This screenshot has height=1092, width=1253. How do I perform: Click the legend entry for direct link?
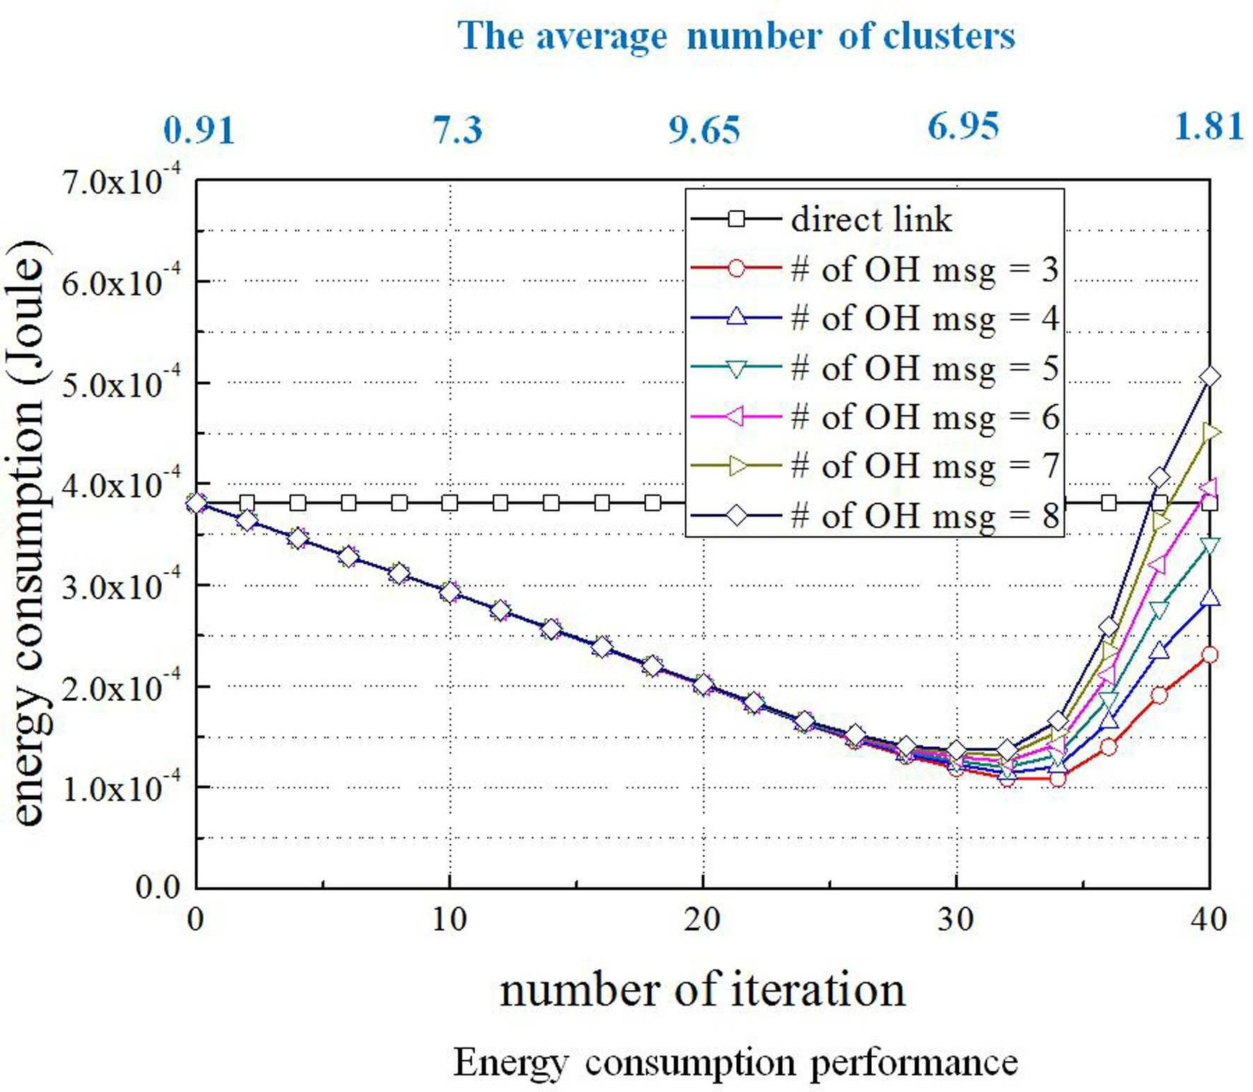(x=820, y=219)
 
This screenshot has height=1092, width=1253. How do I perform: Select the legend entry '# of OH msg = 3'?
(x=874, y=269)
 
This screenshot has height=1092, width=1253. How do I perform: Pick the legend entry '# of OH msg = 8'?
(x=874, y=516)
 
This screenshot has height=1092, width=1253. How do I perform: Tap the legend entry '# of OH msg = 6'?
(x=874, y=417)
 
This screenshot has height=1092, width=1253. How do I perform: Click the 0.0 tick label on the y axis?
(x=158, y=888)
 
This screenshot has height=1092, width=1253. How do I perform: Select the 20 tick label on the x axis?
(x=703, y=919)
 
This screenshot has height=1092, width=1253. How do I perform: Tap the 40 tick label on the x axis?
(x=1208, y=919)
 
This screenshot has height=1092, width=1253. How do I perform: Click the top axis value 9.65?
(x=704, y=129)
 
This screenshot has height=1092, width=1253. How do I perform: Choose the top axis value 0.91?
(x=199, y=129)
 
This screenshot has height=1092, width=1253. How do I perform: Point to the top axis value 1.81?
(x=1208, y=127)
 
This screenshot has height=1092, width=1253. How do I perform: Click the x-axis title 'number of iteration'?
(x=702, y=990)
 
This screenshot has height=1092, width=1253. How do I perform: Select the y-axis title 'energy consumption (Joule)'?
(x=28, y=532)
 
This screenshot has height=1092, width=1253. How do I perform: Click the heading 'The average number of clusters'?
(x=736, y=35)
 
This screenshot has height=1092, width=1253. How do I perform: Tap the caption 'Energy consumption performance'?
(x=735, y=1062)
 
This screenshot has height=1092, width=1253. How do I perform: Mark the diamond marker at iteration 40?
(x=1210, y=376)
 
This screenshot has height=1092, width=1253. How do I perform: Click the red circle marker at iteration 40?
(x=1210, y=655)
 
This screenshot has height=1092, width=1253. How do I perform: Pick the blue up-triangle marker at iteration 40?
(x=1210, y=598)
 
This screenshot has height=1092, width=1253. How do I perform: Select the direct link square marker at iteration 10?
(x=450, y=503)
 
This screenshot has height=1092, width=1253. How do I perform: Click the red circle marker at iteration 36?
(x=1109, y=747)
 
